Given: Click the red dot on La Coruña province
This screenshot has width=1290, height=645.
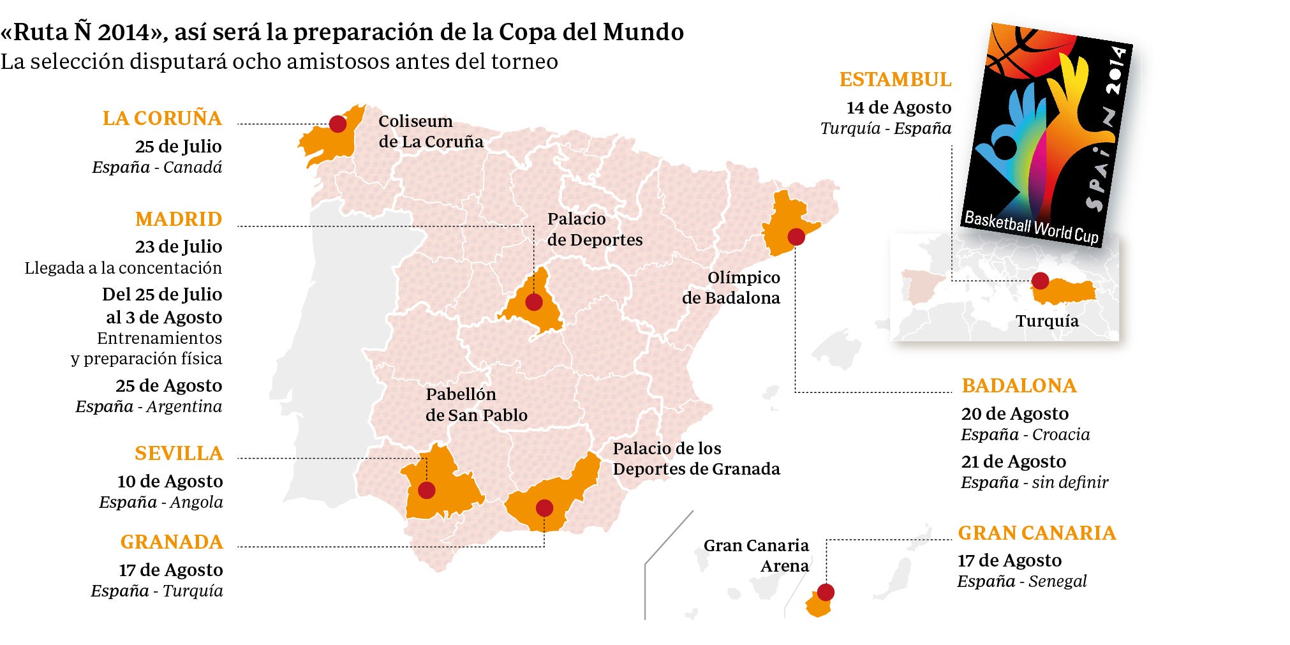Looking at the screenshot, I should coord(337,124).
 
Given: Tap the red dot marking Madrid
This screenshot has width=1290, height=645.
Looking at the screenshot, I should coord(534,302).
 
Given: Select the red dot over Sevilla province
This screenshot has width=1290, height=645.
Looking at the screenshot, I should coord(426,490).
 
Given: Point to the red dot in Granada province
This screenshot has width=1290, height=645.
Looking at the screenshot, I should coord(544,508).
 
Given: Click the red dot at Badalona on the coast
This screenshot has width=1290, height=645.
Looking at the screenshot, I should coord(796,237).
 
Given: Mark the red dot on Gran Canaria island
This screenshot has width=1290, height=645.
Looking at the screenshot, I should coord(826,592).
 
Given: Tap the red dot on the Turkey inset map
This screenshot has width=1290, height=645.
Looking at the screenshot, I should coord(1040,280).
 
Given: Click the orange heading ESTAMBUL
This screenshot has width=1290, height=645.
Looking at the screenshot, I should coord(895,80).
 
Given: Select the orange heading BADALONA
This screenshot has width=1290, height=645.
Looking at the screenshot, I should coord(1019,386).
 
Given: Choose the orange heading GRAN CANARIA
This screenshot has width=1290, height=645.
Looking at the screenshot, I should coord(1037,533).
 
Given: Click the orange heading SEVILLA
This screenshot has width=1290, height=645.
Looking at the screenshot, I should coord(179,454).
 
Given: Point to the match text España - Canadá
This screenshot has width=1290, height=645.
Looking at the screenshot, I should coord(157,167).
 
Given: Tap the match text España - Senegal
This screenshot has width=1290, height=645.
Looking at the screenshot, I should coord(1021,581).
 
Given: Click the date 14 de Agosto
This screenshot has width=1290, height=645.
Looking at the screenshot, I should coord(898,107).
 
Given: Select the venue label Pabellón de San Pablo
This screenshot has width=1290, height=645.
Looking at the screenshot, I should coord(476,404).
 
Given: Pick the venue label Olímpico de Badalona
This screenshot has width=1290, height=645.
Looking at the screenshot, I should coord(731,288).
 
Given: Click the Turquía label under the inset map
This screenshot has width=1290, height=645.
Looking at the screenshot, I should coord(1047,321).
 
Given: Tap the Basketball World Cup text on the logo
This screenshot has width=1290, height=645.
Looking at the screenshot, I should coord(1031,228).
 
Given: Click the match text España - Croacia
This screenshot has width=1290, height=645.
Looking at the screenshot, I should coord(1025,434).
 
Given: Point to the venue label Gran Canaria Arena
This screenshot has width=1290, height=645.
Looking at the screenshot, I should coord(756,556).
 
